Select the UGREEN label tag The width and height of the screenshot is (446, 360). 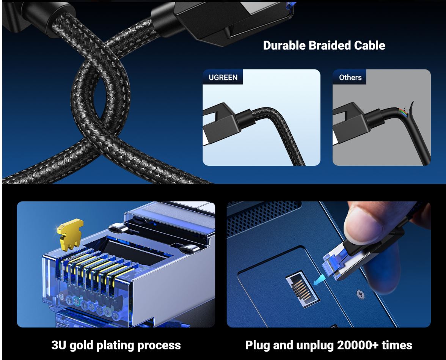pos(223,77)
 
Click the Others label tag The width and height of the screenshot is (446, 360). pos(350,77)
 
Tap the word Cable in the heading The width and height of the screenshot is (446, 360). pos(370,46)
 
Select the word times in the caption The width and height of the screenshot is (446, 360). pos(396,346)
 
